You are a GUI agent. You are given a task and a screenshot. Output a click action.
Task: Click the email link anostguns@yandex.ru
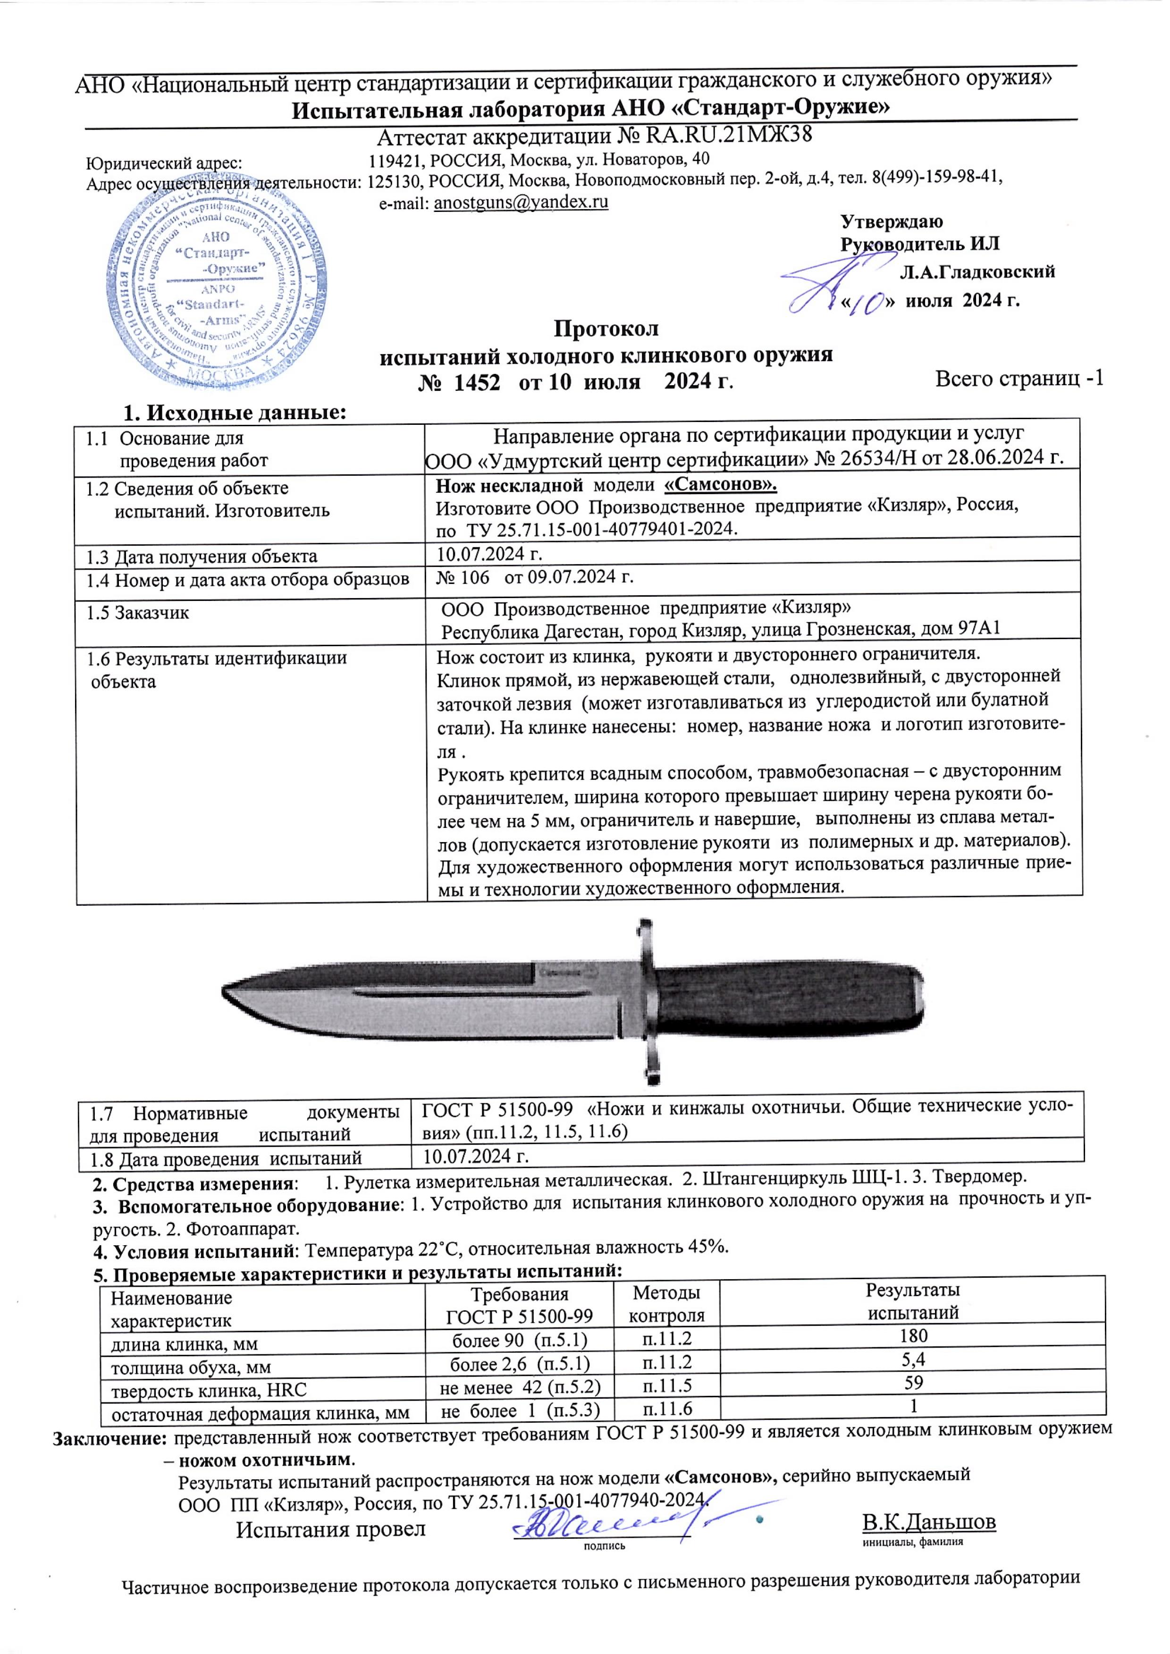point(521,203)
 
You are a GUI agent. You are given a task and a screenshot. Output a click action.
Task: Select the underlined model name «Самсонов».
point(720,484)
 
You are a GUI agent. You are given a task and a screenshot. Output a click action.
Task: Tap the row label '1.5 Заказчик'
point(138,613)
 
